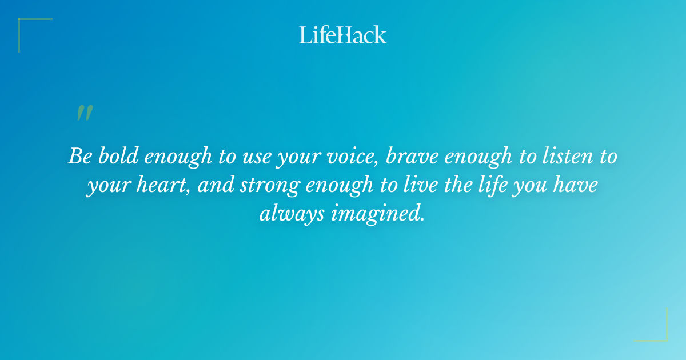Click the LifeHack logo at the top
tap(343, 34)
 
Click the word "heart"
tap(164, 185)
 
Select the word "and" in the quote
tap(217, 185)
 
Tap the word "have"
tap(577, 185)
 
